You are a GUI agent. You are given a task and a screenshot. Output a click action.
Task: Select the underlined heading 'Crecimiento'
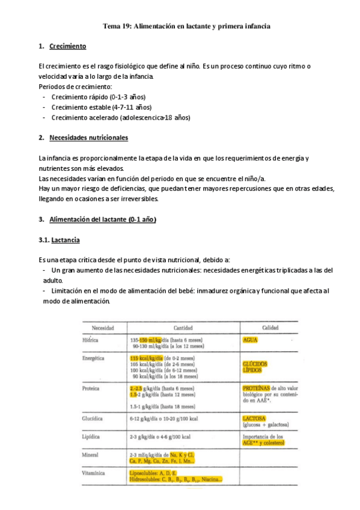68,46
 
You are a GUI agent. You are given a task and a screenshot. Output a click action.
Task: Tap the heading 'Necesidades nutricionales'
88,138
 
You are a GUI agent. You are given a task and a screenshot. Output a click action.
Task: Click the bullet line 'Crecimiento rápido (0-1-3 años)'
99,97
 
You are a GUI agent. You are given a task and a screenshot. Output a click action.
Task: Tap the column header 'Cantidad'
183,328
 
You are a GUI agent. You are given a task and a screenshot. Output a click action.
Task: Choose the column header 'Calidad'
269,328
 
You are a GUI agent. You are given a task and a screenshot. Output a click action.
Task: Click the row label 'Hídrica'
90,340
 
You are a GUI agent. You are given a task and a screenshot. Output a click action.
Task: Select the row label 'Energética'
94,358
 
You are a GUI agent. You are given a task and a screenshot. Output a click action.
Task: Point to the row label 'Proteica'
91,389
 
